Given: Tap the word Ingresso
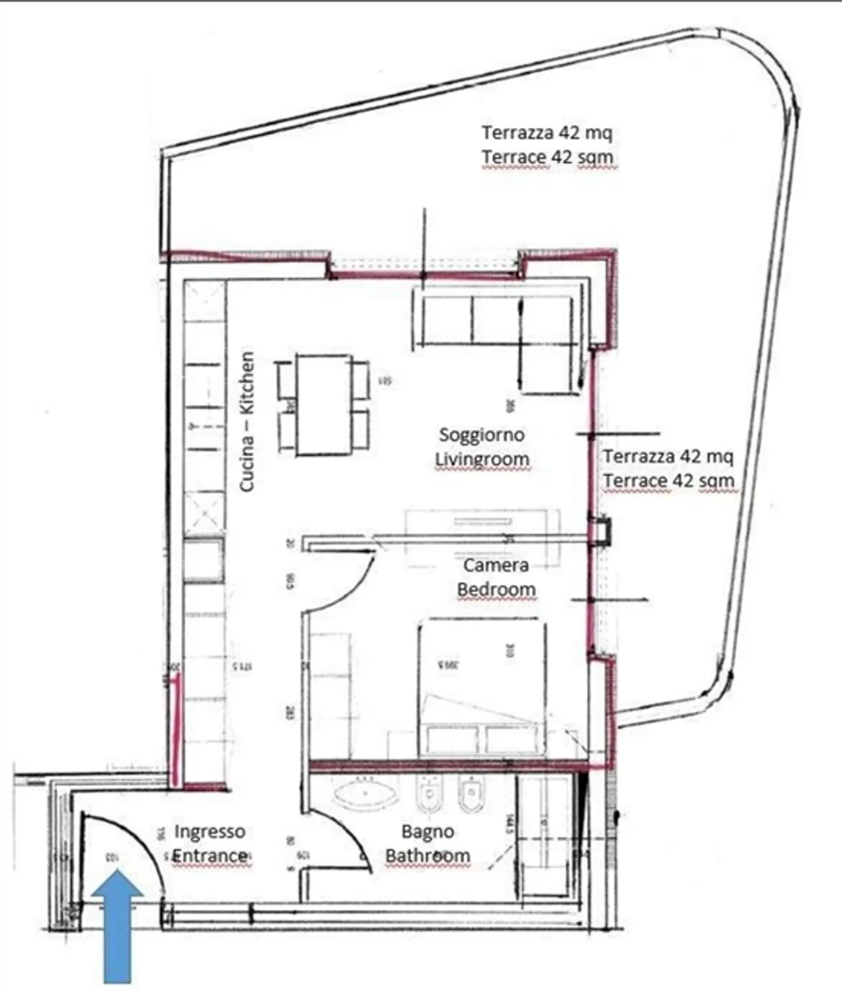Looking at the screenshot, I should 209,831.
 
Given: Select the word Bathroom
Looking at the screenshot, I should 427,856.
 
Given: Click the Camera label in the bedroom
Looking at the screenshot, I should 496,565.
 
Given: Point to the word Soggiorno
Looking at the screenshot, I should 481,435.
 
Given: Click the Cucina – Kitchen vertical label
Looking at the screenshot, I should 247,421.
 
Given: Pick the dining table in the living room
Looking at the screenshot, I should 323,404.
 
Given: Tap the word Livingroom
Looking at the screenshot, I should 481,459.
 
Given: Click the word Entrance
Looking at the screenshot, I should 209,856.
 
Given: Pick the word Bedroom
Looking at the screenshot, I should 496,589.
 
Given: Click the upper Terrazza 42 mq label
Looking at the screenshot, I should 547,133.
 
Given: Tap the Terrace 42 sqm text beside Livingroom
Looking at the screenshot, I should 668,480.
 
